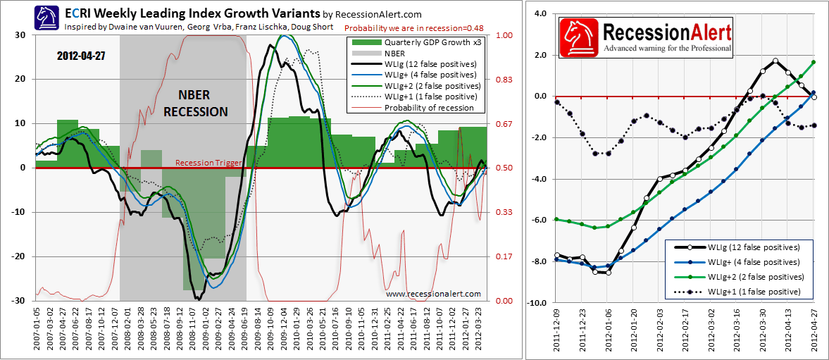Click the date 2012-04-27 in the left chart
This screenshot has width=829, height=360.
coord(82,55)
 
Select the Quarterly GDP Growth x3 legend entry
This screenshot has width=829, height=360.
coord(429,42)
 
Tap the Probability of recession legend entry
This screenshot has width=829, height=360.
coord(429,107)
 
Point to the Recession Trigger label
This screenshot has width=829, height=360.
coord(208,163)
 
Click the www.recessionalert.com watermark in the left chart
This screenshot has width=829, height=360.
coord(433,294)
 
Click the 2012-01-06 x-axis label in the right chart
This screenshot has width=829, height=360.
coord(609,331)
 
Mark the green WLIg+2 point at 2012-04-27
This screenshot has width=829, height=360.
coord(814,62)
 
